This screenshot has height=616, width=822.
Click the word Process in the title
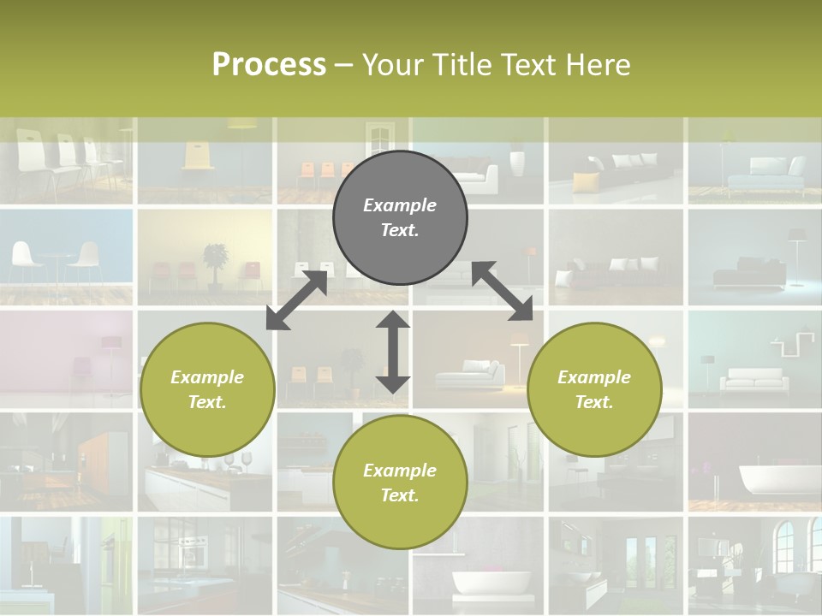tap(269, 64)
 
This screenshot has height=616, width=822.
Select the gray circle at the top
tap(400, 217)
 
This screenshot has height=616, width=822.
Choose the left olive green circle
tap(207, 389)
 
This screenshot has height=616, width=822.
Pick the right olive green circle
tap(594, 389)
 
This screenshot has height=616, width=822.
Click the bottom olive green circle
tap(400, 483)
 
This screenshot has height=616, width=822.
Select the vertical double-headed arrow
tap(393, 352)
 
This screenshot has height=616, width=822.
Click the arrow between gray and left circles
tap(297, 299)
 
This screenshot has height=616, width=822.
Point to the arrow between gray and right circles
tap(503, 291)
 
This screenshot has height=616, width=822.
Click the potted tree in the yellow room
tap(216, 262)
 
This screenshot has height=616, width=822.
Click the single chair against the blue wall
tap(198, 159)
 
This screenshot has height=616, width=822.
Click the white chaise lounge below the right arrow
tap(470, 374)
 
